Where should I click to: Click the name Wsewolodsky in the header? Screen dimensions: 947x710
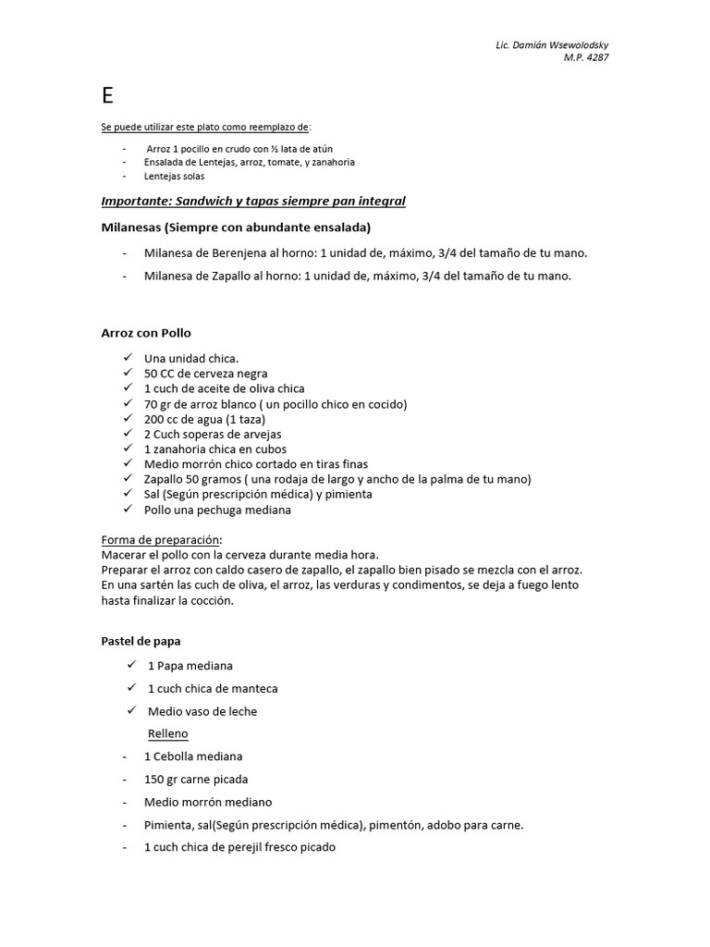pyautogui.click(x=575, y=45)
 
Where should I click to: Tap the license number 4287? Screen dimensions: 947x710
pyautogui.click(x=596, y=57)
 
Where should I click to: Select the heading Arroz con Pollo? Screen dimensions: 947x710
pyautogui.click(x=146, y=333)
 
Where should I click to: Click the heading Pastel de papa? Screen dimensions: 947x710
pyautogui.click(x=141, y=640)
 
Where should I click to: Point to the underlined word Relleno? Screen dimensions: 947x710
pyautogui.click(x=167, y=733)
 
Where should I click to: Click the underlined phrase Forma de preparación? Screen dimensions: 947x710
pyautogui.click(x=161, y=539)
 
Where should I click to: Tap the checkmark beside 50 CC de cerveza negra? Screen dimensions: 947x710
pyautogui.click(x=127, y=373)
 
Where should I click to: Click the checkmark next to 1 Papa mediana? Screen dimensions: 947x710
pyautogui.click(x=132, y=665)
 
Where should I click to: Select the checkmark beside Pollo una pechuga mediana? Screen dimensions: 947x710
pyautogui.click(x=127, y=509)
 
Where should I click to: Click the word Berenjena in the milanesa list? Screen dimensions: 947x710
pyautogui.click(x=239, y=252)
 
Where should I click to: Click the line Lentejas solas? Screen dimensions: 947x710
pyautogui.click(x=175, y=176)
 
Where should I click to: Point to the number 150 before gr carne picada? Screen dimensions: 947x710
pyautogui.click(x=153, y=779)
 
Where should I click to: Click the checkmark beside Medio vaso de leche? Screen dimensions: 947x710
pyautogui.click(x=132, y=710)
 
